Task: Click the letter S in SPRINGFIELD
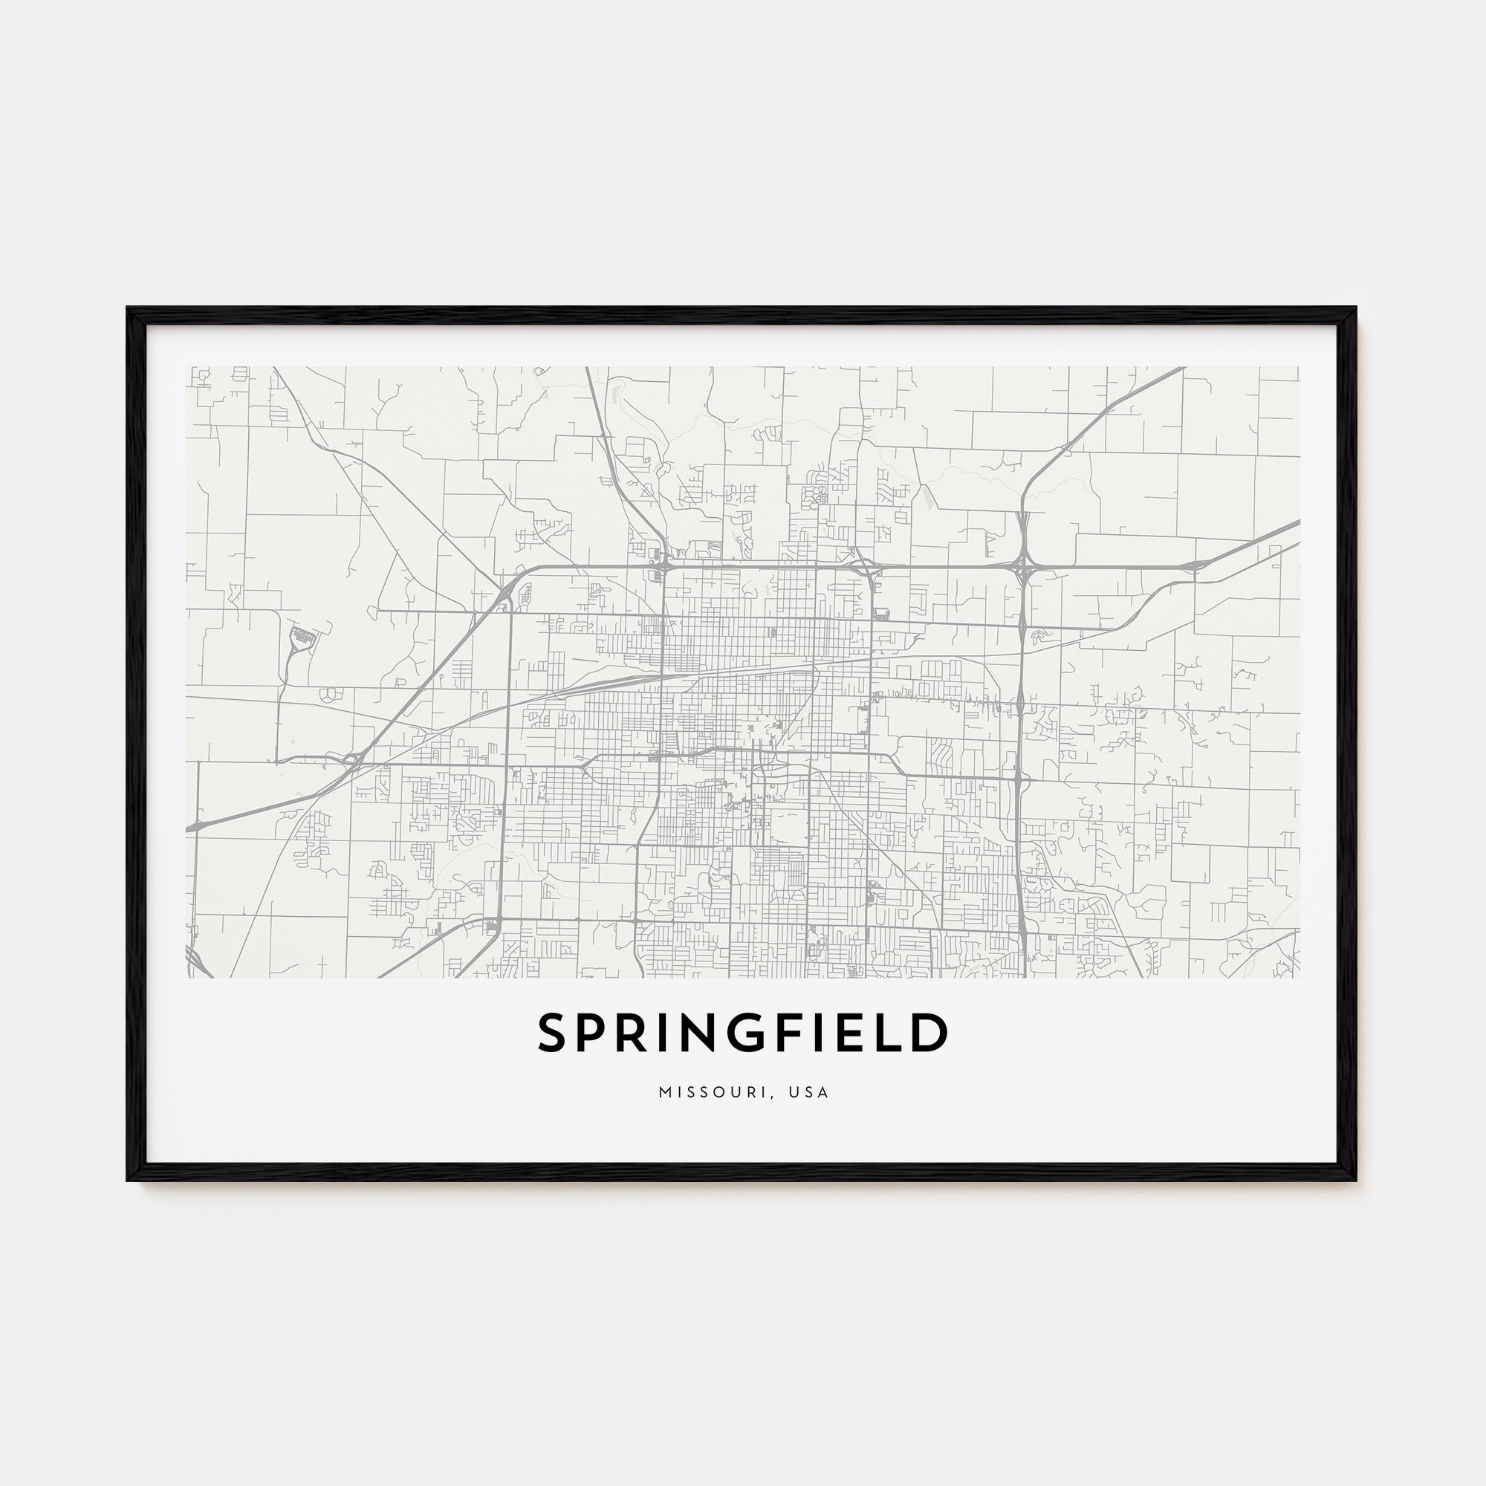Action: pos(554,1032)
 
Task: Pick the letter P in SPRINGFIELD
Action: pos(597,1032)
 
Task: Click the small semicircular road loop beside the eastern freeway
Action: pos(1040,635)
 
